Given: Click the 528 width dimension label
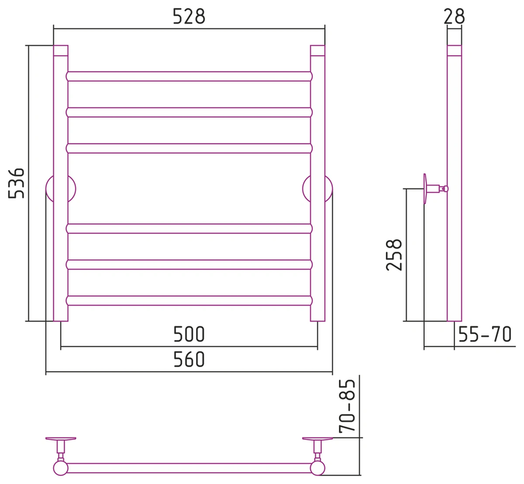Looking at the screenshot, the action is [x=188, y=17].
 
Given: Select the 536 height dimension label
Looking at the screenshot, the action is [x=17, y=183].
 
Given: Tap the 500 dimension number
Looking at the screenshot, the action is [x=188, y=334].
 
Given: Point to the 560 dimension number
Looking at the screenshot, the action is [x=188, y=359].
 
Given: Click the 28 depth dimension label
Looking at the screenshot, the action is [x=454, y=17].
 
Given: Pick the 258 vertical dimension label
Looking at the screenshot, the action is [x=394, y=254].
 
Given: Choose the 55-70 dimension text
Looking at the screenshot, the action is [x=485, y=334].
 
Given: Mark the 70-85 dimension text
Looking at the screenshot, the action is [x=347, y=406].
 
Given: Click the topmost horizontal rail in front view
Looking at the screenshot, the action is [x=189, y=76].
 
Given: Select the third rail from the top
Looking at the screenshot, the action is [x=189, y=148].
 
